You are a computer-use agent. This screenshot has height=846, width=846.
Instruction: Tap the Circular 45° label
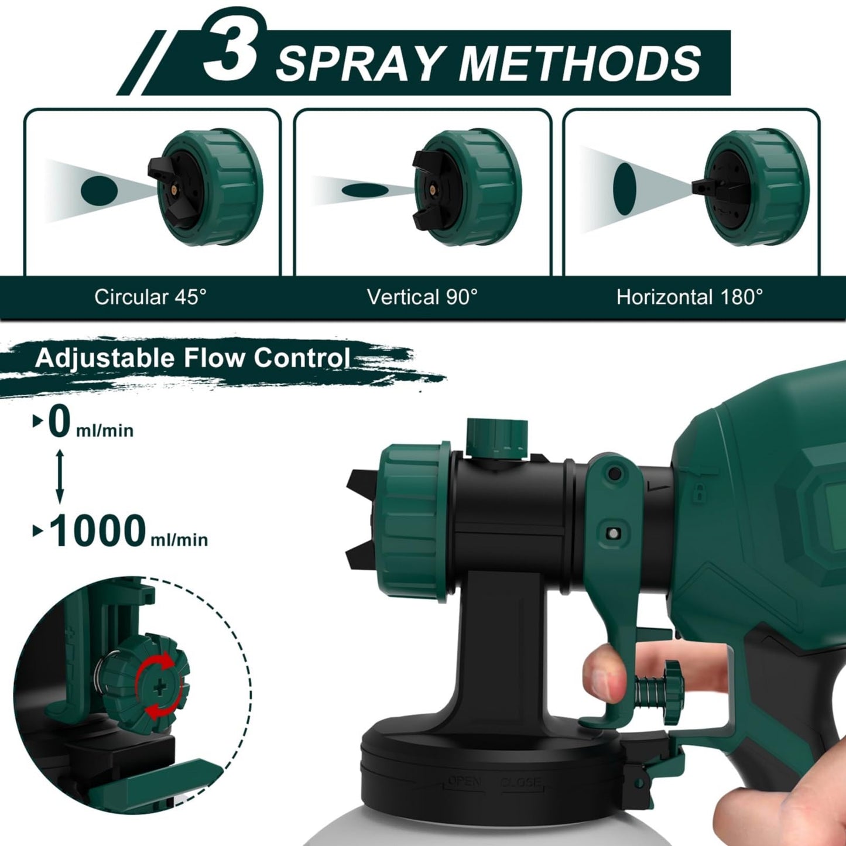150,297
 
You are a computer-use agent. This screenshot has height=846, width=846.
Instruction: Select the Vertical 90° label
422,297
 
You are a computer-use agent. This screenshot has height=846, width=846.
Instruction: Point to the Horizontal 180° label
690,297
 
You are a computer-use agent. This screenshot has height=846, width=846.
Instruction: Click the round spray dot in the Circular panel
99,190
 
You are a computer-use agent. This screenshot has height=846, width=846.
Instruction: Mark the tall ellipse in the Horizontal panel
625,189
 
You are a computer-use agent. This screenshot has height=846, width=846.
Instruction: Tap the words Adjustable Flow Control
193,358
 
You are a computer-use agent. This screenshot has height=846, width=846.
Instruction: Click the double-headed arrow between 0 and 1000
59,477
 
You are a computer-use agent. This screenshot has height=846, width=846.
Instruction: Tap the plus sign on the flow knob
159,687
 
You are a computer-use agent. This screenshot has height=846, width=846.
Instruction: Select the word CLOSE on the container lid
520,782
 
